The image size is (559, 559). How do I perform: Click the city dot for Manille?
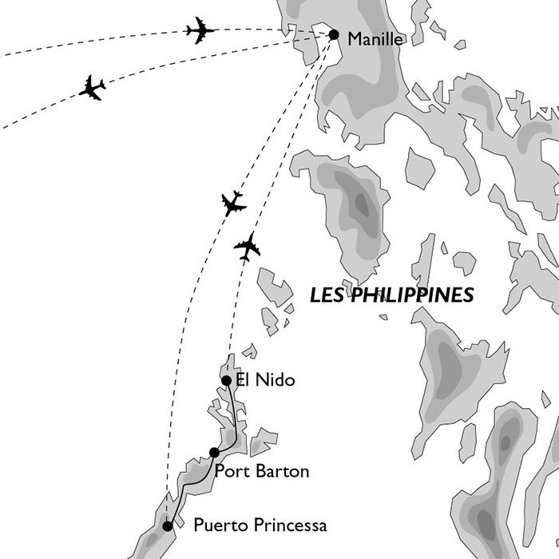pyautogui.click(x=334, y=34)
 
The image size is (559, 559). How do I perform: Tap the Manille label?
pyautogui.click(x=376, y=38)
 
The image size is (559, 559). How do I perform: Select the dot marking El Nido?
pyautogui.click(x=226, y=380)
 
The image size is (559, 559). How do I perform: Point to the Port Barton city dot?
pyautogui.click(x=214, y=453)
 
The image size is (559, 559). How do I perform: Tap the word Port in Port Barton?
pyautogui.click(x=231, y=472)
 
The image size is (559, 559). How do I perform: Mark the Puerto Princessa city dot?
pyautogui.click(x=167, y=525)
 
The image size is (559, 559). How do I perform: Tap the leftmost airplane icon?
pyautogui.click(x=93, y=88)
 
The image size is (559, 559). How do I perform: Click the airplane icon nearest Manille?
pyautogui.click(x=200, y=30)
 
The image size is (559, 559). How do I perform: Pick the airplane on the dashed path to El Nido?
pyautogui.click(x=248, y=247)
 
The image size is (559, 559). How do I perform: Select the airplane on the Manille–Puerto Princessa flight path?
pyautogui.click(x=233, y=204)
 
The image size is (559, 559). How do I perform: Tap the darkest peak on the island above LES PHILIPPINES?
pyautogui.click(x=361, y=204)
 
